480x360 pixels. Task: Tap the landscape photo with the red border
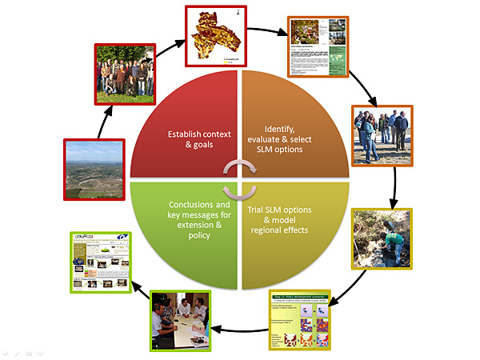[92, 169]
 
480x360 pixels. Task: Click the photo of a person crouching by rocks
[381, 238]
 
